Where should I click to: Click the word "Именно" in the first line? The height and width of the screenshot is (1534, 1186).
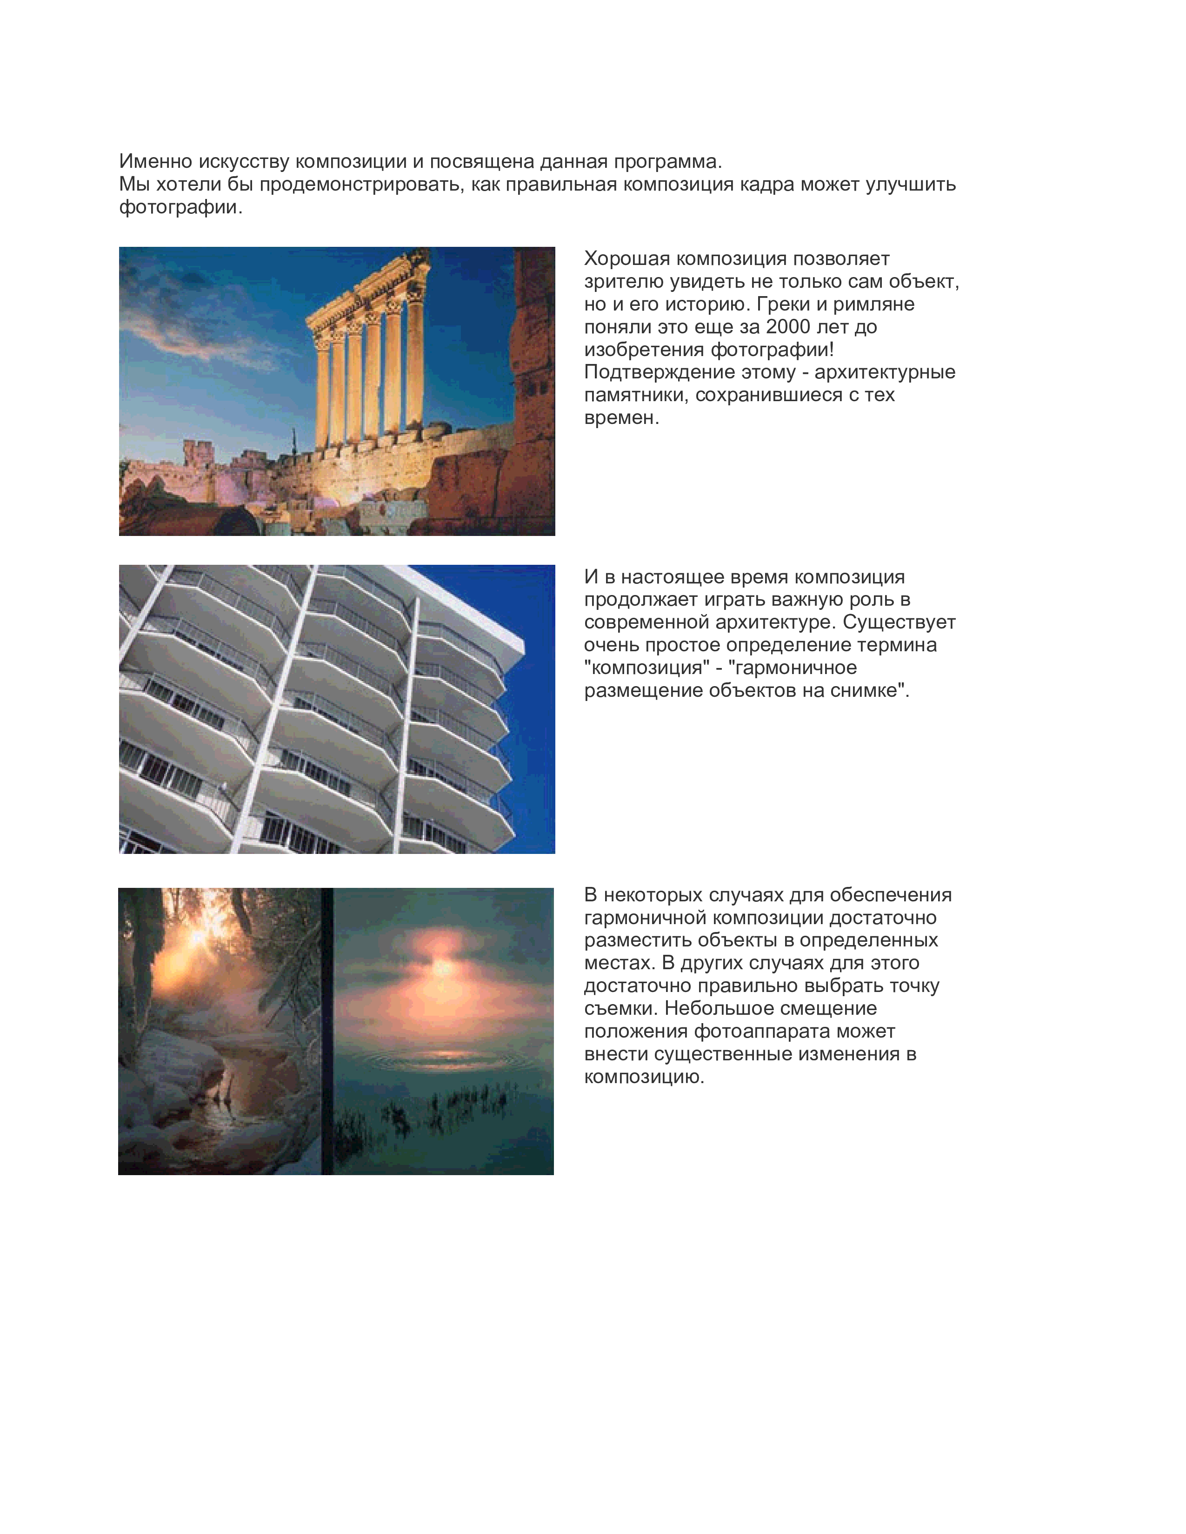coord(155,162)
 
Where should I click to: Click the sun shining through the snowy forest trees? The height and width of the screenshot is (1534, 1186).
coord(197,938)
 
